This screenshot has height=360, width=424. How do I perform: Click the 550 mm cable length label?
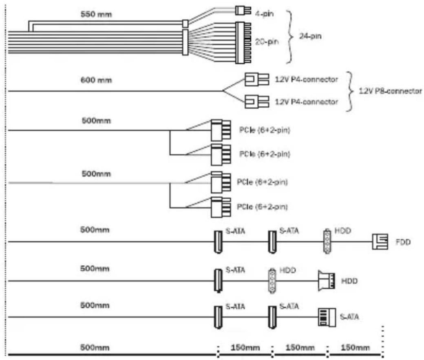(96, 14)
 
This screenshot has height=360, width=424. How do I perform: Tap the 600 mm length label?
(96, 80)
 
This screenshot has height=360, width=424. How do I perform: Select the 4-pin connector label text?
(264, 13)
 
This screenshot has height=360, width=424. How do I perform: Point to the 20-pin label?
(267, 42)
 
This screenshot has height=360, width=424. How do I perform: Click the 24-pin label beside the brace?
(310, 36)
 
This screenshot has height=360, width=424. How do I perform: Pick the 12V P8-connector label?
(390, 91)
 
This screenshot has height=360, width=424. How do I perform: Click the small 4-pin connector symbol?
(243, 11)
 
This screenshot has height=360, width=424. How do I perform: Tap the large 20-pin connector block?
(243, 43)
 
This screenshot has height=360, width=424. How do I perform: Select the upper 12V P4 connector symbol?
(257, 79)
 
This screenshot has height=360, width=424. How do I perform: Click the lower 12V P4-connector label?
(306, 102)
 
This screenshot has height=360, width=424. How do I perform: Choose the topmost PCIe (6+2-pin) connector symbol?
(221, 130)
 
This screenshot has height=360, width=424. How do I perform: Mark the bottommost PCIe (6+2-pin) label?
(262, 207)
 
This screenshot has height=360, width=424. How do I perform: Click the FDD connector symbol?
(380, 241)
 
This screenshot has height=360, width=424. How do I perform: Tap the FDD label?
(403, 242)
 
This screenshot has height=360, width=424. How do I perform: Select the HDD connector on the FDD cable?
(327, 241)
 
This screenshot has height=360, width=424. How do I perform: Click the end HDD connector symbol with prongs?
(327, 281)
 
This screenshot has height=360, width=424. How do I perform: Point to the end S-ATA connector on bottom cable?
(327, 317)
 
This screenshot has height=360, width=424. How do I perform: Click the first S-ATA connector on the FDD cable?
(218, 242)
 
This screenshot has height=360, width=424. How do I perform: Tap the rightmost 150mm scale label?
(355, 347)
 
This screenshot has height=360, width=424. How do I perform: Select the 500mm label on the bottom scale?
(95, 347)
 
